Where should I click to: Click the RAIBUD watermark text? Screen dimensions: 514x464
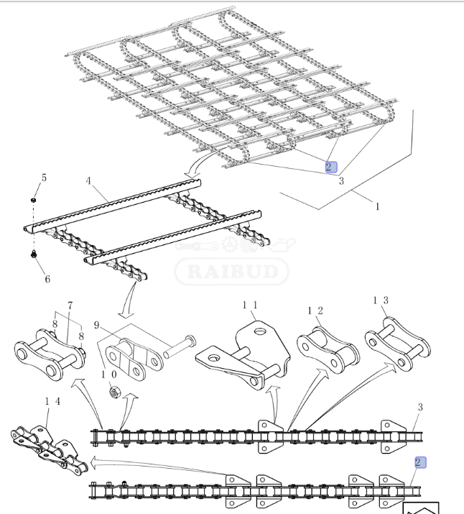231,272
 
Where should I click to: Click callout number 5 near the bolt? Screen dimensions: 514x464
43,178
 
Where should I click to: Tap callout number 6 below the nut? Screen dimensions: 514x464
47,279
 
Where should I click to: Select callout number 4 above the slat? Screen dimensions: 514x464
88,181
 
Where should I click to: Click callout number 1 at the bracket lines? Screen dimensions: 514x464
378,206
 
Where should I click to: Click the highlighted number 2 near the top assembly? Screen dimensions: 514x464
330,167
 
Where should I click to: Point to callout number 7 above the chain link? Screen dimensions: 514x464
70,306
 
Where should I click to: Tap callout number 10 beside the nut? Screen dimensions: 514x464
108,374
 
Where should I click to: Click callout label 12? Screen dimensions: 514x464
315,311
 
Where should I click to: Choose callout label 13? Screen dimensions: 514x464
380,300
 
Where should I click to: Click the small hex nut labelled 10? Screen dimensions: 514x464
113,392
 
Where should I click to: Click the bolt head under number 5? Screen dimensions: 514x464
34,199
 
